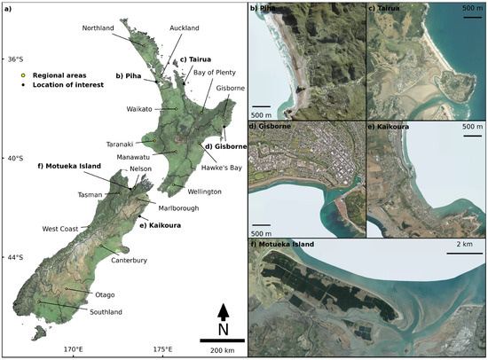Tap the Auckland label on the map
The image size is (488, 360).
point(178,27)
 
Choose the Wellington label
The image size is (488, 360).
point(204,192)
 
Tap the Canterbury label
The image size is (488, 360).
point(129,260)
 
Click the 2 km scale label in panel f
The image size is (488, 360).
point(463,244)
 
